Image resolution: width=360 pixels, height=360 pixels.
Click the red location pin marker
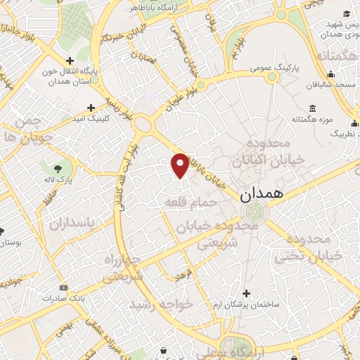pos(180,165)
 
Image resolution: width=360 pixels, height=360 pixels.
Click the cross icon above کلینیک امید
pos(91,108)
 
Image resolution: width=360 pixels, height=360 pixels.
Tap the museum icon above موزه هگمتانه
pos(312,108)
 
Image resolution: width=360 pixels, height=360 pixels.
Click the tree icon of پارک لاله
pos(57,168)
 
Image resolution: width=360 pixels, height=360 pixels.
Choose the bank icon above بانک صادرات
pos(63,288)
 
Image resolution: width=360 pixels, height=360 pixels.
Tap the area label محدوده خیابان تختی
pos(318,246)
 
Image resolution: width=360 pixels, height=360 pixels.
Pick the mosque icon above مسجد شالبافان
pos(330,73)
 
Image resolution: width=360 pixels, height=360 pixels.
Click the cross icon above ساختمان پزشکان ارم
pos(245,292)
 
